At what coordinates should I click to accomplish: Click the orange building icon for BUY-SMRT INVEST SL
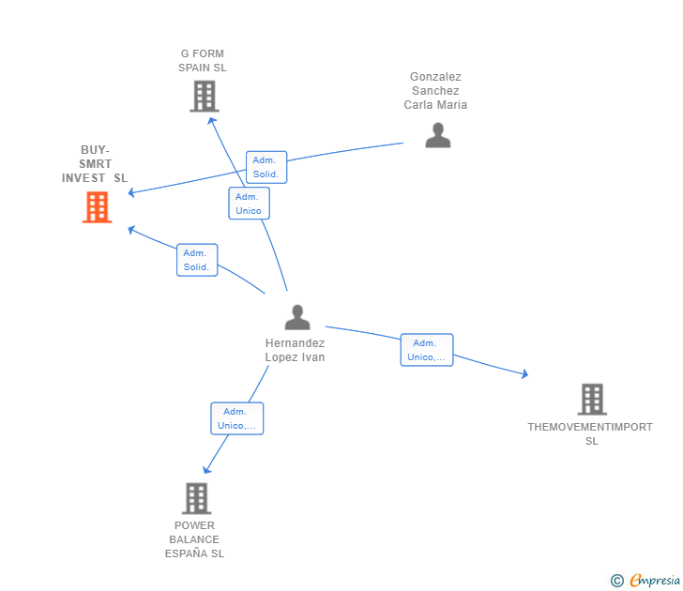click(x=97, y=207)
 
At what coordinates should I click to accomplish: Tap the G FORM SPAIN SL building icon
click(x=204, y=96)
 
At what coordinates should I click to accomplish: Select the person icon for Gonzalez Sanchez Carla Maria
click(x=437, y=136)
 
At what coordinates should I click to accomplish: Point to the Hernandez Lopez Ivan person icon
click(x=296, y=318)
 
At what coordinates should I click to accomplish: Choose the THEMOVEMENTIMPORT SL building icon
click(x=591, y=400)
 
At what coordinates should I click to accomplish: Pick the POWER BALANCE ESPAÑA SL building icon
click(x=195, y=498)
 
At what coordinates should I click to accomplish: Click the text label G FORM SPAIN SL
click(x=203, y=61)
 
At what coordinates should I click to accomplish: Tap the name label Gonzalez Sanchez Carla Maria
click(x=435, y=91)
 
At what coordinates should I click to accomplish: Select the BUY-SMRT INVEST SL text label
click(x=95, y=164)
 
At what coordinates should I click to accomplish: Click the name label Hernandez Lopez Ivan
click(x=295, y=350)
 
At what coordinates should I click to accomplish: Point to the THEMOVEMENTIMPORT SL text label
click(x=590, y=433)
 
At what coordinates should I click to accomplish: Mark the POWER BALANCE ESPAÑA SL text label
click(x=194, y=539)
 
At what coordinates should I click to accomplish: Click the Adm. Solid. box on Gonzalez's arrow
click(x=266, y=168)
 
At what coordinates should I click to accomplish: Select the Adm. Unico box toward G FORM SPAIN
click(x=249, y=204)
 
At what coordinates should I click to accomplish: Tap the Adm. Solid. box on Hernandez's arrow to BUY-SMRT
click(x=197, y=260)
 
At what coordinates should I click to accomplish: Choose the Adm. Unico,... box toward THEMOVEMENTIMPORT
click(x=426, y=350)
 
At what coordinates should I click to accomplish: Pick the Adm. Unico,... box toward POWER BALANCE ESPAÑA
click(x=236, y=418)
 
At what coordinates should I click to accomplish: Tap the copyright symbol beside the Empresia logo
click(x=617, y=581)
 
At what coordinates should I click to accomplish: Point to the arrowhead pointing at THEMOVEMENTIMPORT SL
click(x=525, y=375)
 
